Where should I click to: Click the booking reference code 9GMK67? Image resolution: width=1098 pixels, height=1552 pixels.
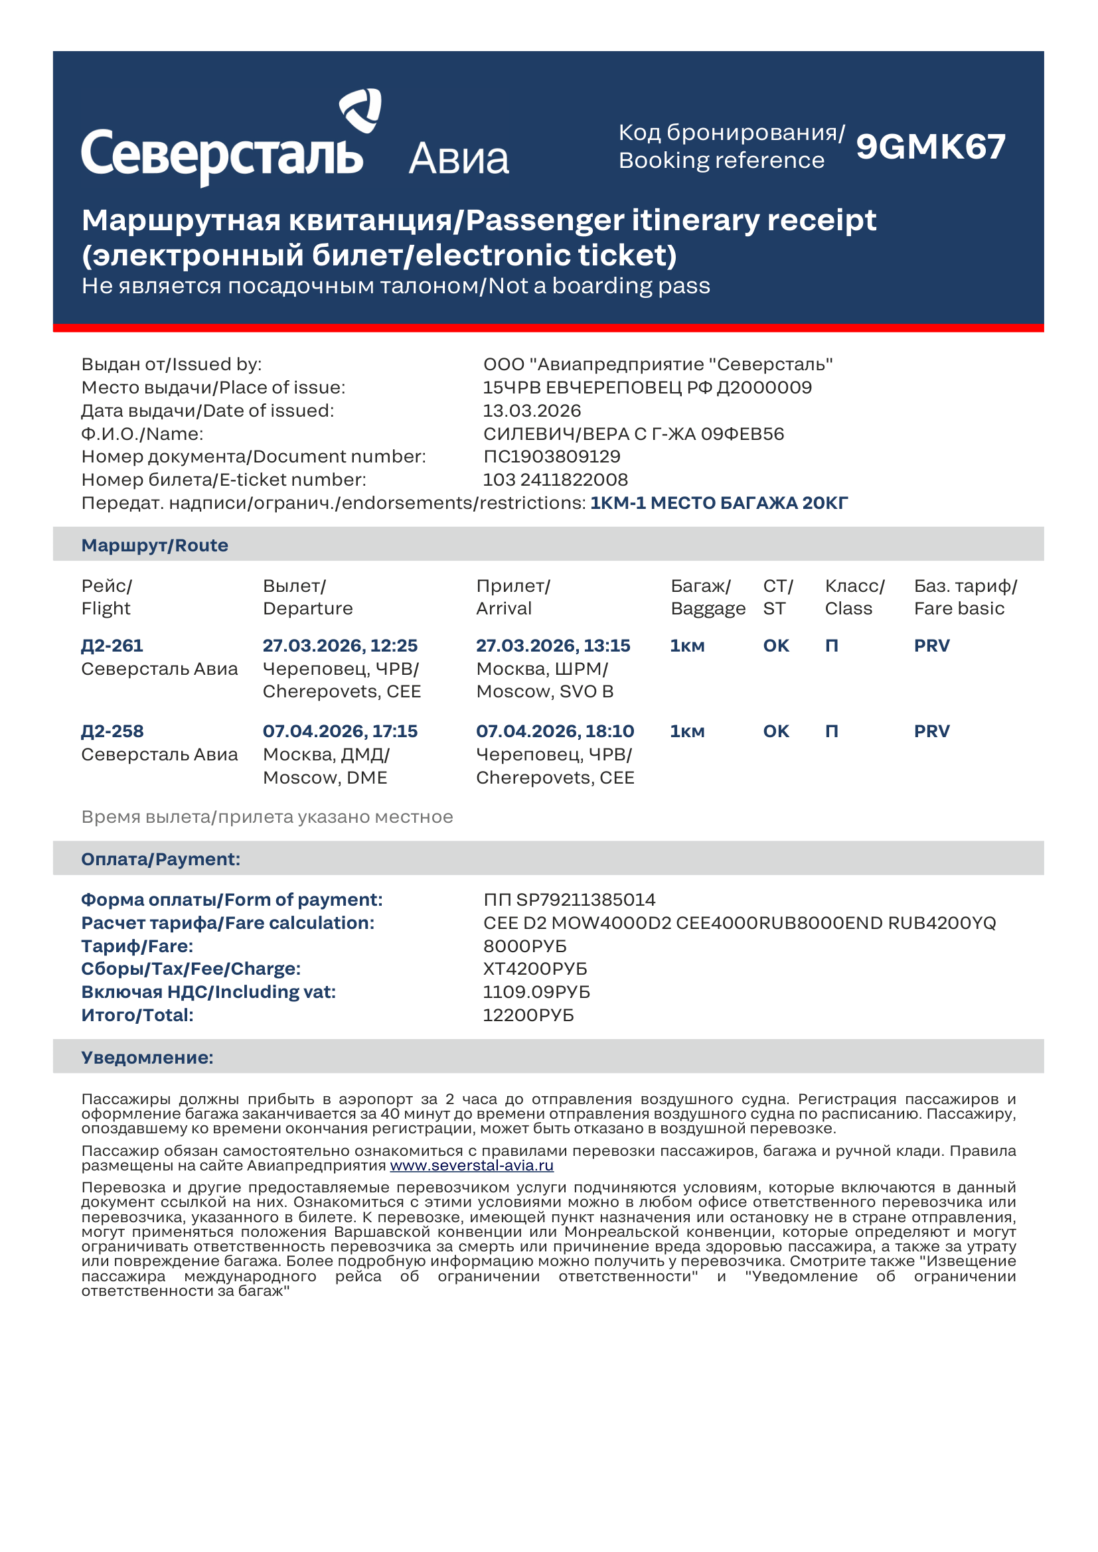tap(930, 147)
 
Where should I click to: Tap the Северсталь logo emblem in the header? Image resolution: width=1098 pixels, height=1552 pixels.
tap(360, 109)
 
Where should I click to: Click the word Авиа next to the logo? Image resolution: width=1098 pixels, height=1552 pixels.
tap(459, 159)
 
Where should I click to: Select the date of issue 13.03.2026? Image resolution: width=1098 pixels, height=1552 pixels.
tap(532, 410)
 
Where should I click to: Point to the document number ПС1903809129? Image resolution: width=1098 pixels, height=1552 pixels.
tap(552, 457)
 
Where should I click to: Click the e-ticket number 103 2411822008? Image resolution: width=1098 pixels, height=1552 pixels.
tap(555, 479)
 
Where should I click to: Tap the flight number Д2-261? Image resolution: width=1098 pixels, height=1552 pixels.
tap(112, 646)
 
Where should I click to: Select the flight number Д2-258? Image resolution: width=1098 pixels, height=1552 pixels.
tap(112, 731)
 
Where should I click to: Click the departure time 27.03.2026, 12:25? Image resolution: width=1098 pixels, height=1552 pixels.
tap(340, 646)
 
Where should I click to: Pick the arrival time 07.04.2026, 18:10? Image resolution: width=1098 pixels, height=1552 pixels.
tap(555, 731)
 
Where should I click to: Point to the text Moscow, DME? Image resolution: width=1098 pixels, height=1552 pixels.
tap(325, 778)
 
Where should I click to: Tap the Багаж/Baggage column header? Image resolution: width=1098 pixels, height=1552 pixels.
tap(707, 597)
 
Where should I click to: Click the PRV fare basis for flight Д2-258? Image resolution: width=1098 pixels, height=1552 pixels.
tap(931, 731)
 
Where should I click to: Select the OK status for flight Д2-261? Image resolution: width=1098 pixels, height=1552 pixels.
tap(776, 646)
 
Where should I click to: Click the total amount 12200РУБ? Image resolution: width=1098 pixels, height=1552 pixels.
tap(528, 1015)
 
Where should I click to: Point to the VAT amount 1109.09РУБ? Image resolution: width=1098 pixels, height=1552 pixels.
tap(536, 991)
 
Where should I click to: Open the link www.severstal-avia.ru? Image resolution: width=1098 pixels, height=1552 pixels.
tap(472, 1165)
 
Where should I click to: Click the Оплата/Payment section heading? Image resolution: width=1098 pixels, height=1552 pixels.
tap(161, 859)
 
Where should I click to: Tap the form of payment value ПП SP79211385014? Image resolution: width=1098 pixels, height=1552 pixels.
tap(570, 900)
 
